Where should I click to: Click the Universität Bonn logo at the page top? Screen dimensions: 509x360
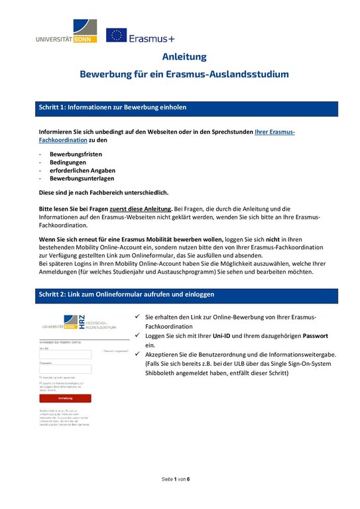[x=67, y=30]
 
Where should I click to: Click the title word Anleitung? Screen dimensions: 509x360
[x=184, y=57]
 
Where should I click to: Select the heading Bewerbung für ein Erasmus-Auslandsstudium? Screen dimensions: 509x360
[x=184, y=74]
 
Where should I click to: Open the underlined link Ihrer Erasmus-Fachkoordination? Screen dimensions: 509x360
[x=274, y=132]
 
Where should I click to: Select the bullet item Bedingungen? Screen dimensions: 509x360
[x=69, y=162]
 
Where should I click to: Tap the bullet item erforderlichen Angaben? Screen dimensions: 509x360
[x=82, y=170]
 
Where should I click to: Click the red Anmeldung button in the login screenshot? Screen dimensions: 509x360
[x=65, y=398]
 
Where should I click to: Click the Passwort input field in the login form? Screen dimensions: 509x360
[x=65, y=370]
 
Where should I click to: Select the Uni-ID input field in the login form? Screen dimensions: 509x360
[x=65, y=355]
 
